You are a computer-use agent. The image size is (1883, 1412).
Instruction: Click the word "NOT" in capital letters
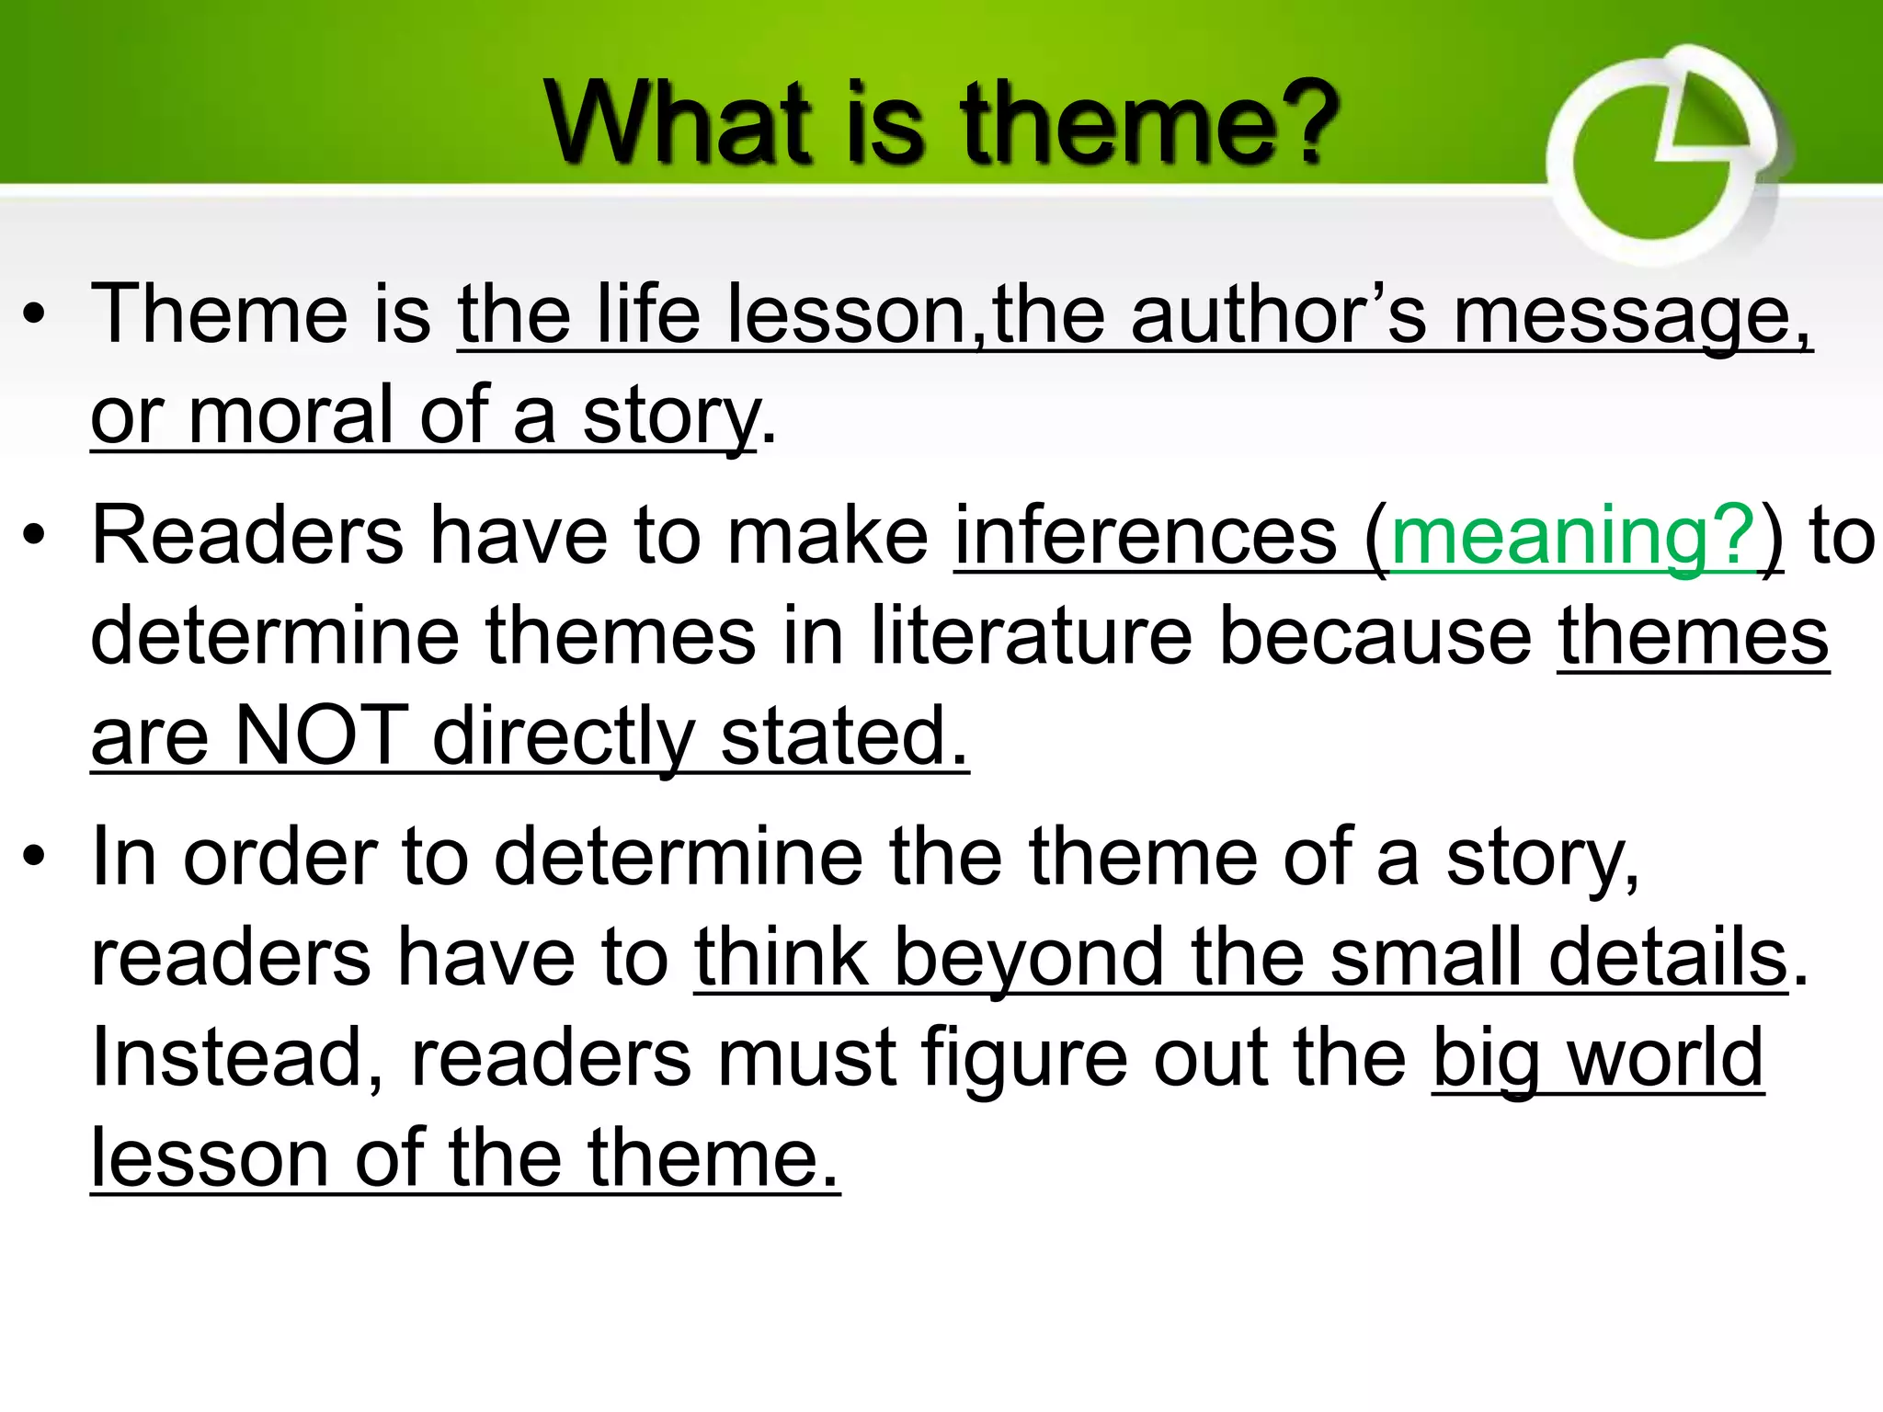click(322, 735)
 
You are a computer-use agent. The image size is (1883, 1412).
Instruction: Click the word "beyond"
click(1029, 958)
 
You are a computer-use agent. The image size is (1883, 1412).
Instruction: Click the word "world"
click(1665, 1057)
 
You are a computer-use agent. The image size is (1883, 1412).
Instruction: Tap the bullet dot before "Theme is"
click(34, 316)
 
